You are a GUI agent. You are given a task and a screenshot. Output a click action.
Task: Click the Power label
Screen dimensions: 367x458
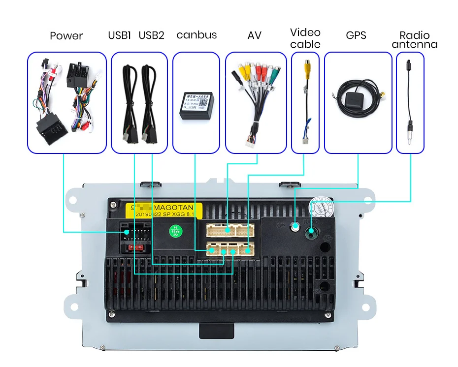66,36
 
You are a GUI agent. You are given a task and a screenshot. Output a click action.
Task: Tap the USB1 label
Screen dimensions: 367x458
119,35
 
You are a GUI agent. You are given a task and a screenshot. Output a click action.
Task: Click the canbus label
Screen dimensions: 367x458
196,35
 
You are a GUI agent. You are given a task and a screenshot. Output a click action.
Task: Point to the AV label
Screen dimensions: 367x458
254,35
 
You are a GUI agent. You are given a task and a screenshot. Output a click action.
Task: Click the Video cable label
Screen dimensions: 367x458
305,38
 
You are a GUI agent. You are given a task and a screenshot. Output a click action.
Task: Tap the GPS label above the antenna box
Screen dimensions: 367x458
356,35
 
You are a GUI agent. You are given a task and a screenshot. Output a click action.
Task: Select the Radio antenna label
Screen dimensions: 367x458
414,40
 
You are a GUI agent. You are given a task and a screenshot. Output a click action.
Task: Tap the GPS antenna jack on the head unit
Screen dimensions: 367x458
295,226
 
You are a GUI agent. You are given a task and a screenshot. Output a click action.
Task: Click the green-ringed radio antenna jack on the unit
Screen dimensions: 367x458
311,230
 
